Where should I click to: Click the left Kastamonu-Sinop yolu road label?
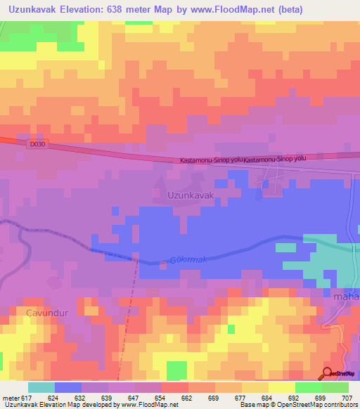coord(212,160)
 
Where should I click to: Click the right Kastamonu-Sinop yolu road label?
coord(275,160)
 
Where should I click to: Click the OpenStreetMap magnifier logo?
coord(328,372)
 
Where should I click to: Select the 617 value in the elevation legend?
coord(27,397)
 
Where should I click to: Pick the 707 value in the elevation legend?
coord(347,397)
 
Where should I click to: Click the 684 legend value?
coord(267,397)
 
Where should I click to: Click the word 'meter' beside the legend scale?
coord(9,397)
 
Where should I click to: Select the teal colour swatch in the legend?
coord(41,387)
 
